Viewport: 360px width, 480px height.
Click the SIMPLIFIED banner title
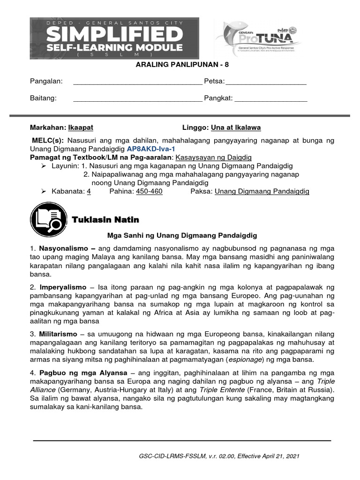click(114, 34)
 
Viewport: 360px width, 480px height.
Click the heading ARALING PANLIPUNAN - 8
click(180, 66)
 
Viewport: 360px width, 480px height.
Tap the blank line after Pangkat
click(270, 99)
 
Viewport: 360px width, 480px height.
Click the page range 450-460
click(149, 191)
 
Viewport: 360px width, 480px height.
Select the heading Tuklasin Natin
click(105, 220)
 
